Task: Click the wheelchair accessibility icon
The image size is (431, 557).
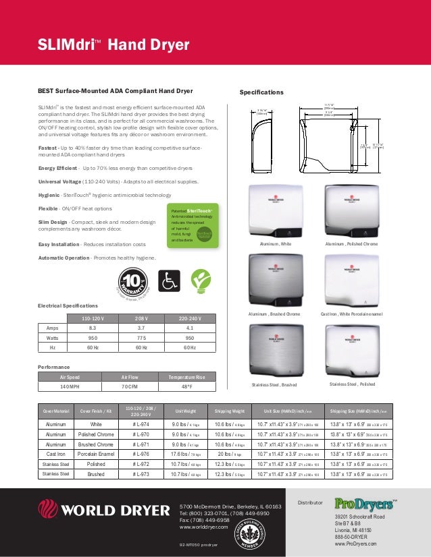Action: point(168,281)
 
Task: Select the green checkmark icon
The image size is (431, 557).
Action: point(199,281)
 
